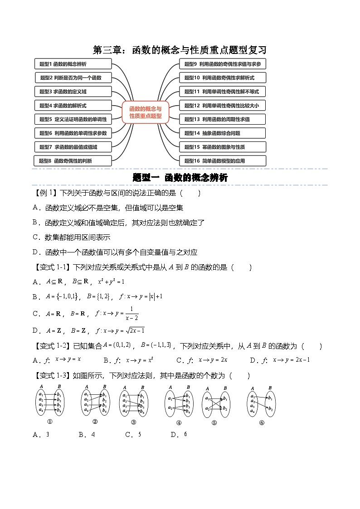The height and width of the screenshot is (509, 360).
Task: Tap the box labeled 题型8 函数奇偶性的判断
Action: (x=73, y=160)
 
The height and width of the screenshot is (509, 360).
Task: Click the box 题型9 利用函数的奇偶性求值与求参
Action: (x=223, y=64)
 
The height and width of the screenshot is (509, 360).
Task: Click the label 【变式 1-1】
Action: (x=53, y=267)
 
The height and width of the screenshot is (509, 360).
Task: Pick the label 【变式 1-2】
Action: (x=53, y=346)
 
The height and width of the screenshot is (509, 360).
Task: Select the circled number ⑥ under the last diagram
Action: (x=262, y=423)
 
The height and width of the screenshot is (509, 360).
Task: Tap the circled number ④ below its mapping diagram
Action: (x=179, y=423)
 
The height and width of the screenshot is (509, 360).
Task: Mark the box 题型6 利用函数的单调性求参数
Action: (x=73, y=133)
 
